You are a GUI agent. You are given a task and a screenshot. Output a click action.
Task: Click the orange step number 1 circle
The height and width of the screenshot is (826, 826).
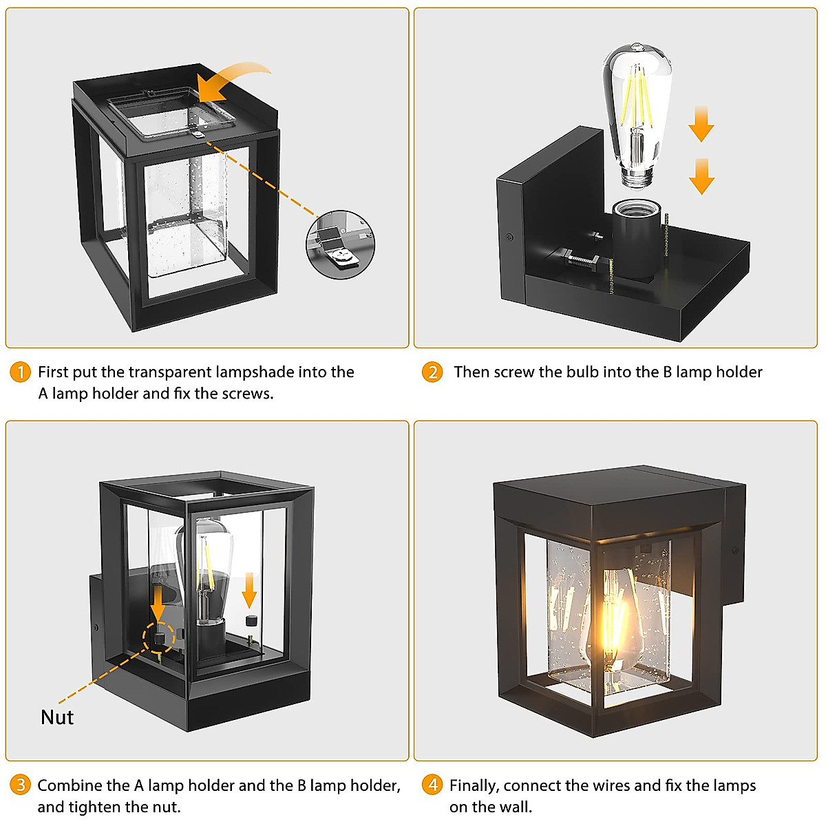click(x=21, y=372)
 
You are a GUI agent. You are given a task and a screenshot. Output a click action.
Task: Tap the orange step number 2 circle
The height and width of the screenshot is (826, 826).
click(x=432, y=372)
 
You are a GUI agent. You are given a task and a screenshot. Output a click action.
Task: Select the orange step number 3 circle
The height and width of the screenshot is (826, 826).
click(x=21, y=785)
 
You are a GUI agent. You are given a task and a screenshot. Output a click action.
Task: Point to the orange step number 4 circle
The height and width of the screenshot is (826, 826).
click(x=432, y=785)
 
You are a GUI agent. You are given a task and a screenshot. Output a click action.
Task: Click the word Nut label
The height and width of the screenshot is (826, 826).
click(x=57, y=717)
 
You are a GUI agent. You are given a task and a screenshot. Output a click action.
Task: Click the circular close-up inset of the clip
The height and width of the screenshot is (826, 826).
click(x=340, y=245)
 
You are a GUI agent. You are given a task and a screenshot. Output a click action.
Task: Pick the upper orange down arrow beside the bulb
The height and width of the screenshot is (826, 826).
click(x=701, y=124)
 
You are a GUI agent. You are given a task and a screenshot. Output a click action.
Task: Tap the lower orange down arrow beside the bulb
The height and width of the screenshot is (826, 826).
click(x=701, y=176)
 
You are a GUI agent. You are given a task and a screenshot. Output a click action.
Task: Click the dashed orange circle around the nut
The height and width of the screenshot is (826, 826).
click(x=160, y=637)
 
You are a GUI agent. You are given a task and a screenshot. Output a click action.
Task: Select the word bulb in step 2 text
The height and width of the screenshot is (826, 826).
click(x=582, y=372)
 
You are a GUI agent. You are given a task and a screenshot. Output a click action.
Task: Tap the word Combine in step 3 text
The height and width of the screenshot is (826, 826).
click(x=67, y=785)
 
